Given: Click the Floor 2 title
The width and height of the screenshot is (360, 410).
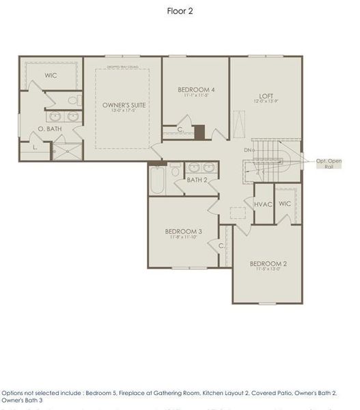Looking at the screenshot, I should (180, 11).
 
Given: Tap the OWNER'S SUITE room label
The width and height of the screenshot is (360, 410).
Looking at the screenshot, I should (124, 105).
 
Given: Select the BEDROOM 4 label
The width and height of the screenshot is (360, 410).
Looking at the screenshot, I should (196, 90).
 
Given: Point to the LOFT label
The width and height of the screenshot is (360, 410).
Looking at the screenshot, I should (266, 96).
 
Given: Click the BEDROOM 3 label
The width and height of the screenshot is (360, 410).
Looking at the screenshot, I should (183, 232).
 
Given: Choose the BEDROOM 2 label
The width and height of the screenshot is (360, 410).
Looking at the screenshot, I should (267, 264).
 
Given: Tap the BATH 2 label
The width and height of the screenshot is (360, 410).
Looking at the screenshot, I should (197, 180).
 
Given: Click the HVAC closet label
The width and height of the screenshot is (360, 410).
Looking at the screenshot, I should (263, 204).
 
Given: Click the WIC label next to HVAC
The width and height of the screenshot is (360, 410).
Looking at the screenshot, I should (285, 204).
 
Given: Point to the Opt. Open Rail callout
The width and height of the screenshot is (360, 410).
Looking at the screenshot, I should (329, 164).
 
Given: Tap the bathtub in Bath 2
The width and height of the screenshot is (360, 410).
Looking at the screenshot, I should (156, 180).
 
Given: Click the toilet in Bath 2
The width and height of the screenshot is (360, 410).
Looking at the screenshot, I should (175, 169).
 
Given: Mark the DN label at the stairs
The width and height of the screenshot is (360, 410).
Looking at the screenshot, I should (247, 150).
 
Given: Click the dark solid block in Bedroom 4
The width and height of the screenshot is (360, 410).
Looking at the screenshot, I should (199, 132).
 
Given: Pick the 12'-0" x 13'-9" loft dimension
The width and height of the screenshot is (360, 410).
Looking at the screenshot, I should (266, 102).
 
